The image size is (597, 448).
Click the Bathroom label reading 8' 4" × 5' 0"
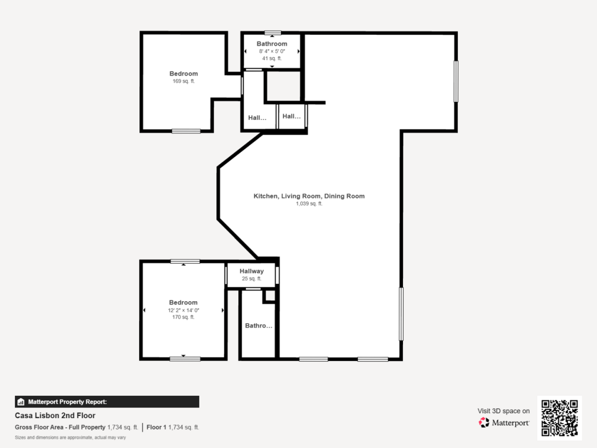(x=272, y=51)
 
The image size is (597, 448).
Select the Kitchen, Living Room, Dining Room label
(x=309, y=196)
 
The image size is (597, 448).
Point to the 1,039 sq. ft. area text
(x=309, y=204)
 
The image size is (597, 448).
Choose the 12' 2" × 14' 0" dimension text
(x=183, y=310)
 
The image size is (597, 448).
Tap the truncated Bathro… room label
(x=258, y=326)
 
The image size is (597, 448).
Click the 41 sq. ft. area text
(x=272, y=58)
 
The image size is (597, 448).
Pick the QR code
(x=560, y=418)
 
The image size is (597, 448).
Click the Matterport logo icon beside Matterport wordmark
(x=484, y=423)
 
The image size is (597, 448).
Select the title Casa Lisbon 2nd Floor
(x=55, y=416)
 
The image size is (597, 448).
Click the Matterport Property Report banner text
(x=68, y=402)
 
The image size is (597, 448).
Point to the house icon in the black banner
(x=21, y=402)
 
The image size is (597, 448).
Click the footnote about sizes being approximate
(x=70, y=438)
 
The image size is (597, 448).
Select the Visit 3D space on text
(x=503, y=411)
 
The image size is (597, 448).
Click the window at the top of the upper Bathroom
(x=273, y=33)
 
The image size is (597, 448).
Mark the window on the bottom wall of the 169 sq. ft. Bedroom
(x=186, y=131)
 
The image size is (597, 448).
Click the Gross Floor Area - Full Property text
(x=60, y=427)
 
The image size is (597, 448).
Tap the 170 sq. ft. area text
(x=183, y=317)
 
